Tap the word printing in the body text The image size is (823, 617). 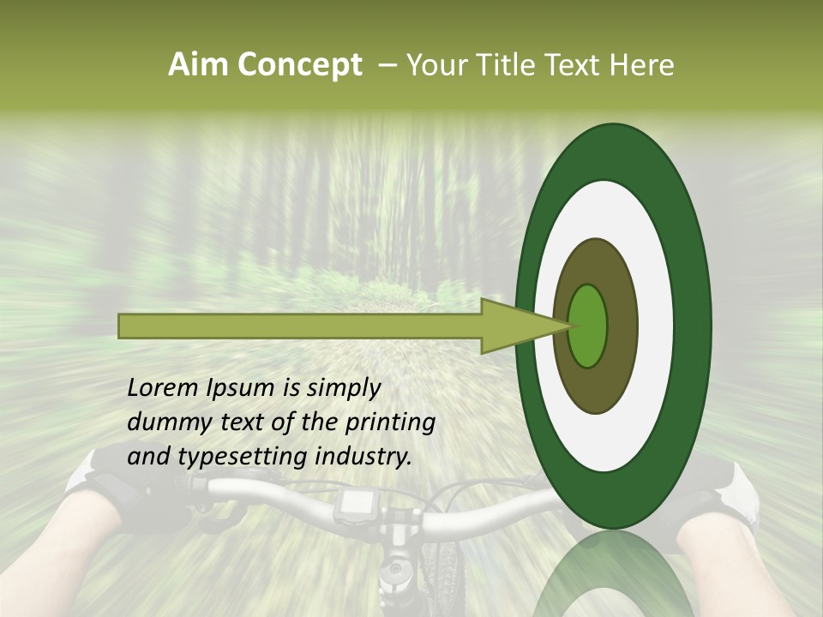coord(390,422)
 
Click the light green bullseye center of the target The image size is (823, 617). coord(587,326)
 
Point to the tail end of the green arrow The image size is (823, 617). coord(124,326)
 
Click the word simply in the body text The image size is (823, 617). coord(344,388)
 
